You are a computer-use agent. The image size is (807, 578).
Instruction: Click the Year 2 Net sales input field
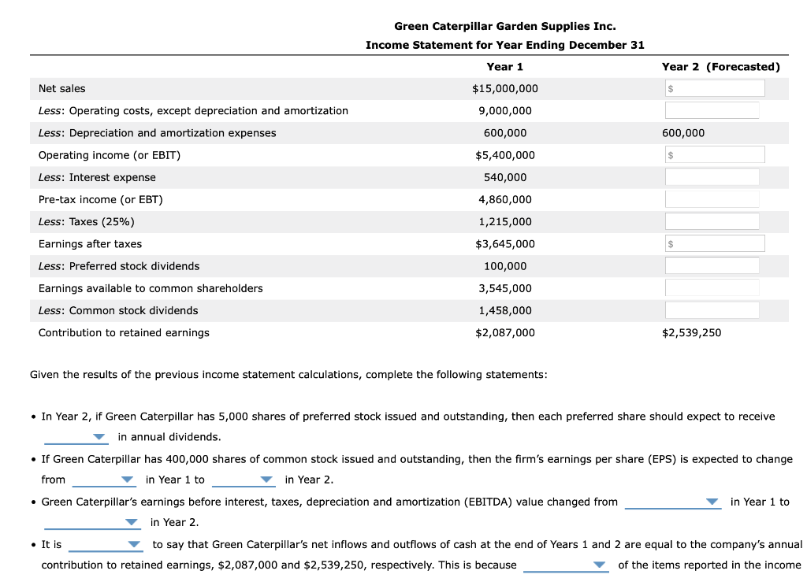[x=714, y=89]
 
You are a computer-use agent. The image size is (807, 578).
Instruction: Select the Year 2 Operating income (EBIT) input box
[x=714, y=155]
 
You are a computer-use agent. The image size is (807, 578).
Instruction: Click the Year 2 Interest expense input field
[x=712, y=177]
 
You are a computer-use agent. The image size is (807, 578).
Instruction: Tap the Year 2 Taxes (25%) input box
[x=712, y=221]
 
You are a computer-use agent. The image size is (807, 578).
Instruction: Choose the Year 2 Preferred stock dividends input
[x=712, y=266]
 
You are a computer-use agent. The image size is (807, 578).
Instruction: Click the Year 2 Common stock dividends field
[x=712, y=310]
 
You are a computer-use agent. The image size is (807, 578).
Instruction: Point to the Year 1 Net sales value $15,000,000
[x=505, y=89]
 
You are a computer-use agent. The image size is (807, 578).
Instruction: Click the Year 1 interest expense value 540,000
[x=505, y=178]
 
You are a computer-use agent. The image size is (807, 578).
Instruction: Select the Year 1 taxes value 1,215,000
[x=505, y=222]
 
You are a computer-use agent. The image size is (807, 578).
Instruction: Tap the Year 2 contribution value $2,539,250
[x=691, y=333]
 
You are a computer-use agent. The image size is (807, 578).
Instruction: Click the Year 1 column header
[x=505, y=67]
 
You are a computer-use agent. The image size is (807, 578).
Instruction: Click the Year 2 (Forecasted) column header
[x=720, y=67]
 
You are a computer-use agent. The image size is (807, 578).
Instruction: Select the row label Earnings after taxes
[x=91, y=244]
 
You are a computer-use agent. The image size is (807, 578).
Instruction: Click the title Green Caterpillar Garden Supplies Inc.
[x=505, y=26]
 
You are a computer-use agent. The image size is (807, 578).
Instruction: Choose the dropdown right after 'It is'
[x=105, y=544]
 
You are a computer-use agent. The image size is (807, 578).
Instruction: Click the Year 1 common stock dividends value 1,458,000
[x=505, y=311]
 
